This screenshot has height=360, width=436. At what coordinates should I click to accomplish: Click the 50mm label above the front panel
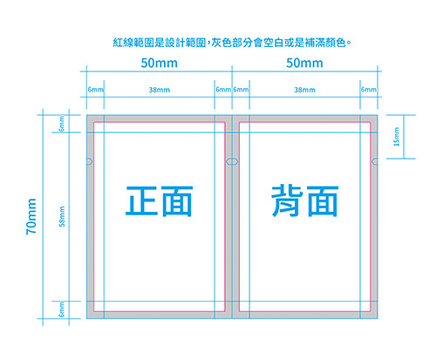click(x=160, y=63)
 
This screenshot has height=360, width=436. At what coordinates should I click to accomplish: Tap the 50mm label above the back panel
click(x=304, y=63)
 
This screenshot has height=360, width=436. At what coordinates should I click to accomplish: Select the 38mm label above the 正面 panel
click(x=160, y=90)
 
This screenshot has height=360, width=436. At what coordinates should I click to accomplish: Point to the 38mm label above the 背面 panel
click(x=304, y=90)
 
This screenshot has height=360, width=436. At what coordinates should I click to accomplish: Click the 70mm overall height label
click(x=31, y=216)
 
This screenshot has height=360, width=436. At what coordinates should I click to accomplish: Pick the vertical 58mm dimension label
click(x=62, y=216)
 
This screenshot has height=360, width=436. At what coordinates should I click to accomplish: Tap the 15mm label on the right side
click(x=397, y=137)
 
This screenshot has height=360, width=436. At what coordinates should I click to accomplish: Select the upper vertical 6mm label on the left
click(x=62, y=124)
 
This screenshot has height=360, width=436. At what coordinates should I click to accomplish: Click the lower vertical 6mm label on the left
click(x=62, y=309)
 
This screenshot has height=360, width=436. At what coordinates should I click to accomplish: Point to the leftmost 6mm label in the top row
click(x=95, y=89)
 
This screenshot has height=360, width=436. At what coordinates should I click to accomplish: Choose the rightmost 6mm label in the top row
click(x=369, y=89)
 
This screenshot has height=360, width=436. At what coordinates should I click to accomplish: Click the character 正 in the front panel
click(x=141, y=200)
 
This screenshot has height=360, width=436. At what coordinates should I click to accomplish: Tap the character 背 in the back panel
click(x=287, y=200)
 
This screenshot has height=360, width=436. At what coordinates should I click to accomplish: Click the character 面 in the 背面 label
click(x=323, y=201)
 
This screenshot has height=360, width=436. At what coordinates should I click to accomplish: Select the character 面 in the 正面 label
click(x=177, y=201)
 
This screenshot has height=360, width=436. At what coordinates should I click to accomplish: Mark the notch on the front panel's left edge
click(x=90, y=161)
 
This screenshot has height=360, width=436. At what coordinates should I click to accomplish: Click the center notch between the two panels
click(x=232, y=161)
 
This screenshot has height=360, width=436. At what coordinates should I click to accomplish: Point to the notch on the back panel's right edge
click(x=375, y=161)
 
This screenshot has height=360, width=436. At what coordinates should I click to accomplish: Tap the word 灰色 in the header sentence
click(x=221, y=43)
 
